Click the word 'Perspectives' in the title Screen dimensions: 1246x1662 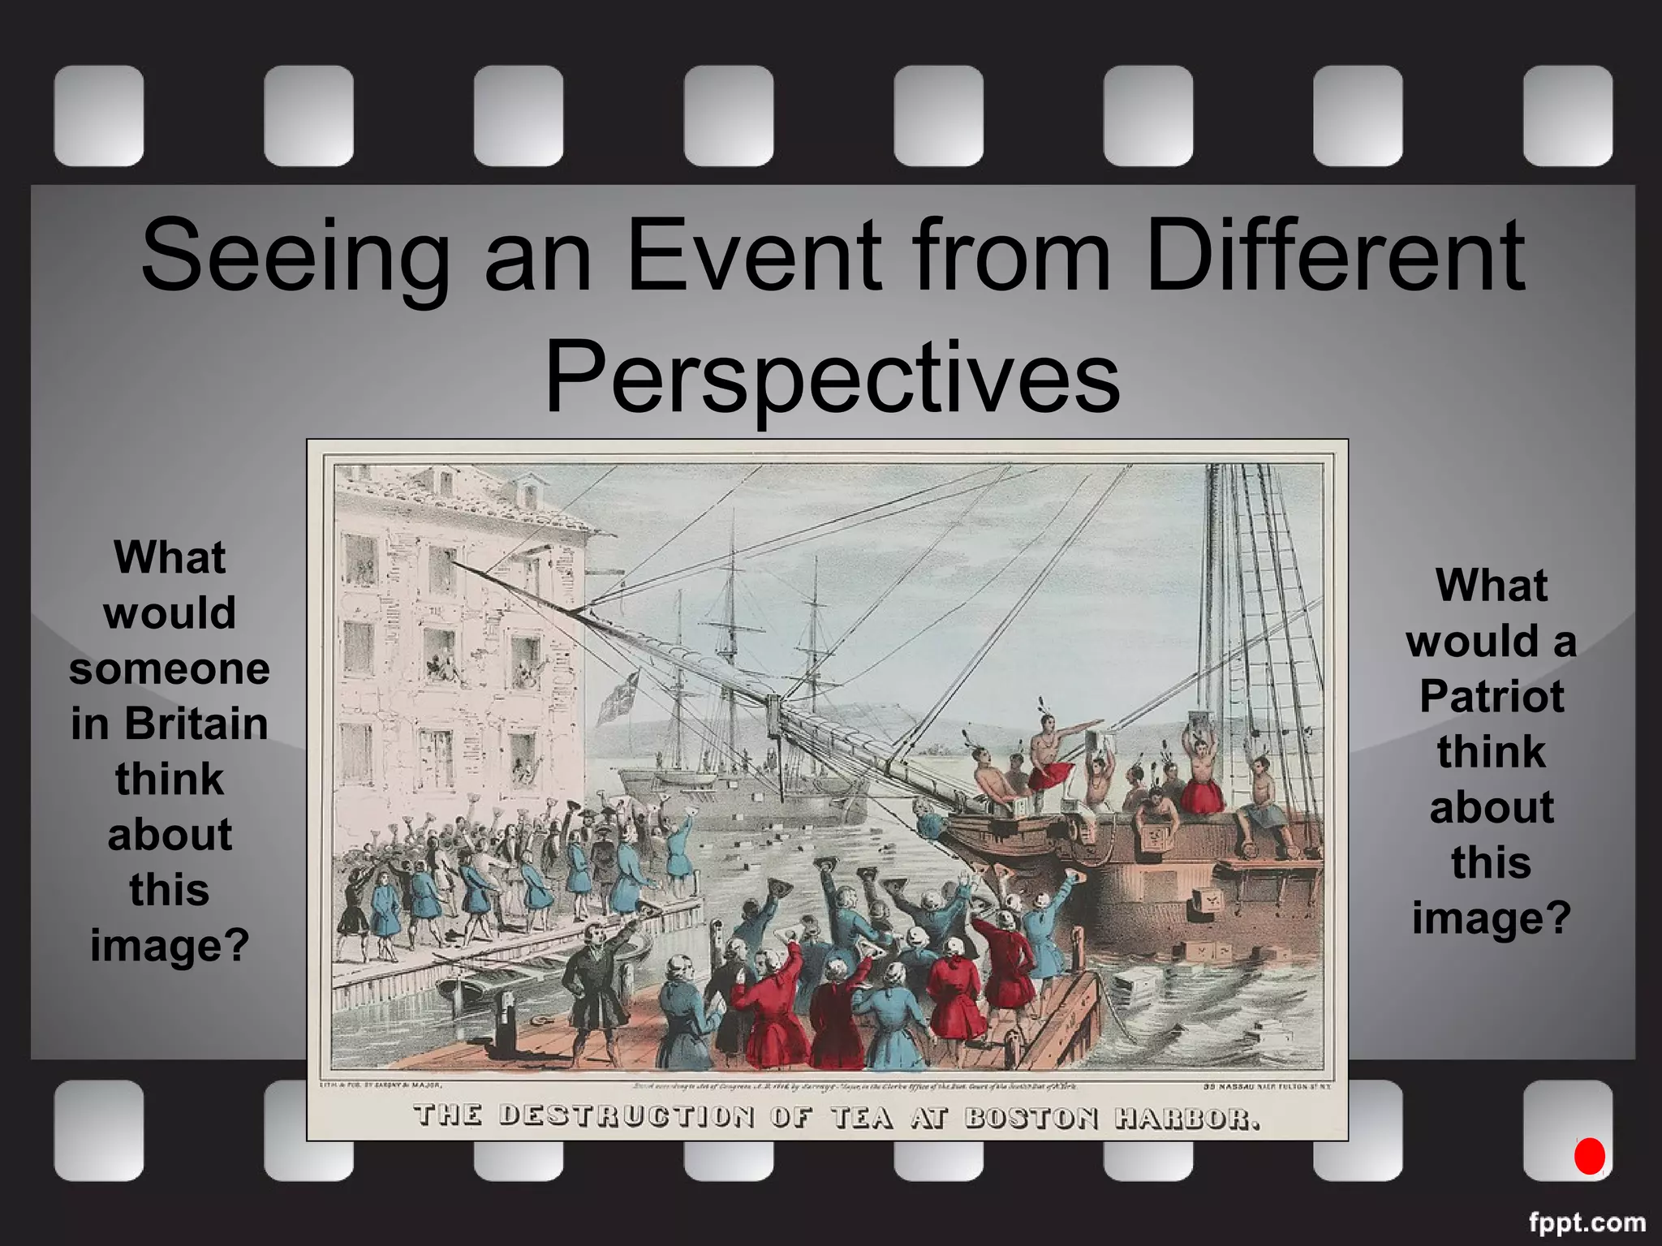pos(832,380)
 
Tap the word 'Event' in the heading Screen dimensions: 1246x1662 pos(754,255)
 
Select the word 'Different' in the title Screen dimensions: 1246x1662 pos(1334,255)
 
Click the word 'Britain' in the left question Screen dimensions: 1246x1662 pos(196,724)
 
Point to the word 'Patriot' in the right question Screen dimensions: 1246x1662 pos(1492,696)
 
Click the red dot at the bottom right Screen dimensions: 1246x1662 pos(1589,1156)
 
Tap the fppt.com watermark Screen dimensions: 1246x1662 pos(1587,1222)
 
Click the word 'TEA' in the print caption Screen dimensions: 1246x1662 pos(863,1118)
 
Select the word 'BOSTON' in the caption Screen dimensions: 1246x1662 pos(1031,1118)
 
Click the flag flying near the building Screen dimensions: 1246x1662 pos(617,698)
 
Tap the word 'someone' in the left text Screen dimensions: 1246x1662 pos(170,668)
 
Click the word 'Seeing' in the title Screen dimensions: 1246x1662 pos(295,255)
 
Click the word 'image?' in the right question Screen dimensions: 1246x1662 pos(1492,918)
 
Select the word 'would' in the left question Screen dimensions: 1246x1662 pos(170,612)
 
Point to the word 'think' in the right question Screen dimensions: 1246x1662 pos(1492,751)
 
